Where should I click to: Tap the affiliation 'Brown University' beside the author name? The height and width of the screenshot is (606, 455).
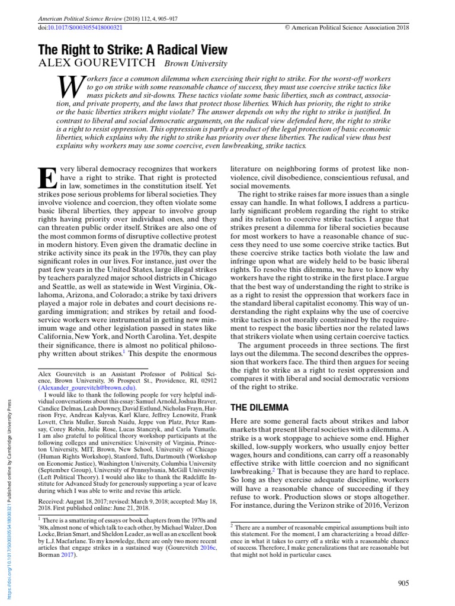[x=195, y=65]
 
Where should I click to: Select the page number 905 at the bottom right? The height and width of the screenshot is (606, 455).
[x=403, y=584]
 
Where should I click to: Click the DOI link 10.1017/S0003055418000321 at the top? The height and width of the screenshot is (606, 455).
[x=84, y=28]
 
